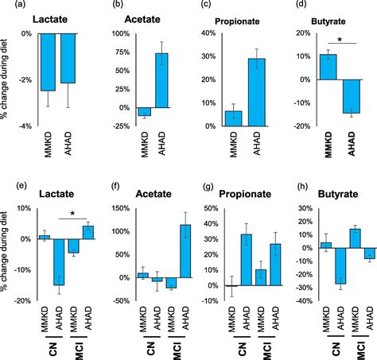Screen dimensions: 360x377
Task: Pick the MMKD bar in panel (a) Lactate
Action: (48, 63)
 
